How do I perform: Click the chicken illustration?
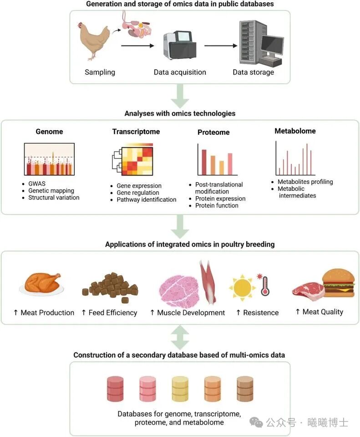coord(95,41)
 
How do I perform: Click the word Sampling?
coord(100,72)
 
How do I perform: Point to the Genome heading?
coord(49,132)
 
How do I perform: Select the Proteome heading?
coord(213,132)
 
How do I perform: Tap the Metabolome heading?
coord(295,131)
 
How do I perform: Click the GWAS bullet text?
coord(37,184)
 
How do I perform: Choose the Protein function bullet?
coord(217,205)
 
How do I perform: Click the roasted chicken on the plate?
coord(41,283)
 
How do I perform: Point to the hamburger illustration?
coord(338,283)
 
